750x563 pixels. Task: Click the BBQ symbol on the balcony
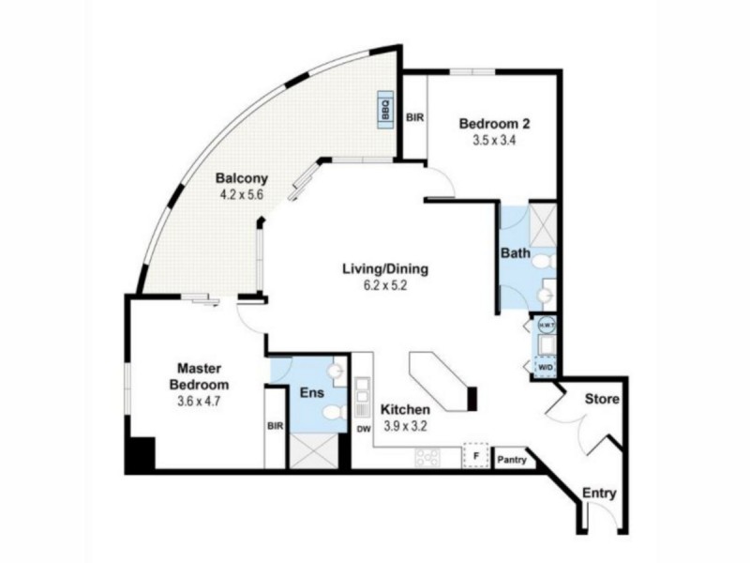385,109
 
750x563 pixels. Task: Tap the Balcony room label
242,178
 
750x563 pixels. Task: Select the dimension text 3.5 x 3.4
495,141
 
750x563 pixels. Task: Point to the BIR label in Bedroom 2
414,118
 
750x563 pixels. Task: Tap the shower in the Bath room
542,222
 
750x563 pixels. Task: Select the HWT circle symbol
546,325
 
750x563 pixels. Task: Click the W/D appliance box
546,367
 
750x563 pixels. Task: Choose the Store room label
602,399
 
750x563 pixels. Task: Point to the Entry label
599,493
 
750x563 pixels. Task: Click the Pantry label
511,460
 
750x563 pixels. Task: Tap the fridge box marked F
477,457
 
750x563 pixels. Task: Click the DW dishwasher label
365,430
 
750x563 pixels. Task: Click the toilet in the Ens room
331,413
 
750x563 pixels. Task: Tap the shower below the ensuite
313,451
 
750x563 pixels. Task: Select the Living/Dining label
384,268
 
